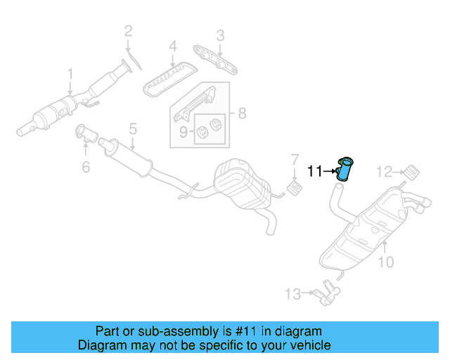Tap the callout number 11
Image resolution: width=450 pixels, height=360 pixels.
315,170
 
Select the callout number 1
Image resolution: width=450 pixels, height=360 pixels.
70,73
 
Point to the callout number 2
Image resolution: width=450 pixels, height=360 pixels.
128,30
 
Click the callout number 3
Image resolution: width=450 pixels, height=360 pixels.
220,34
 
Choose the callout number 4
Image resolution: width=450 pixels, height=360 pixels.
172,49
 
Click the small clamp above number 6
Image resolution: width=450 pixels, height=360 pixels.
82,131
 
